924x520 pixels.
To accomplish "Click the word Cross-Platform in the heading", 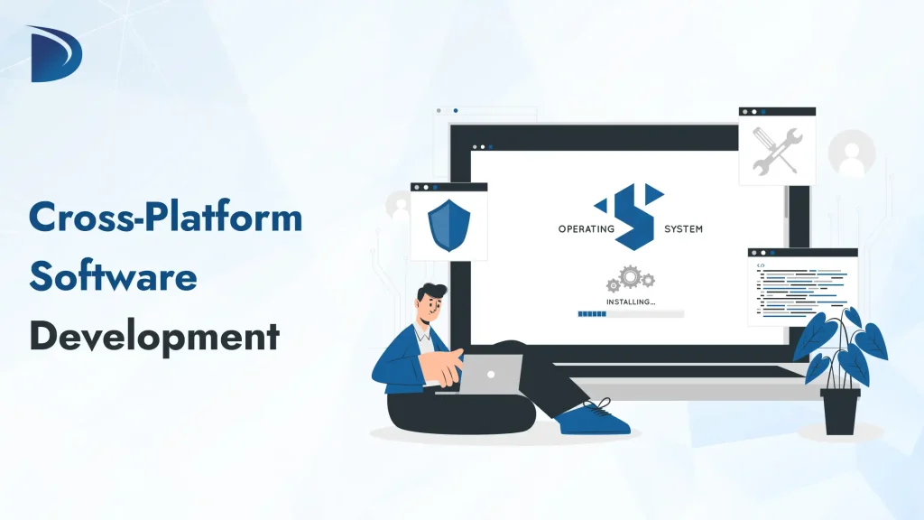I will [x=165, y=219].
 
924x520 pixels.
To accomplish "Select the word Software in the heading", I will [x=113, y=276].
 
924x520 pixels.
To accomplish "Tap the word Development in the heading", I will [x=154, y=336].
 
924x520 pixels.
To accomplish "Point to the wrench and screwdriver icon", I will [x=777, y=150].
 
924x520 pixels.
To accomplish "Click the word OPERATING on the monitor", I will [x=586, y=228].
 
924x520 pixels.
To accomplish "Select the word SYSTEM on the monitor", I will [x=683, y=228].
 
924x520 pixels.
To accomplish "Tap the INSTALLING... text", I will [x=631, y=301].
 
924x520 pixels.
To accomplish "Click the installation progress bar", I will [x=631, y=313].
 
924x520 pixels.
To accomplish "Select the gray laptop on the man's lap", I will [x=488, y=374].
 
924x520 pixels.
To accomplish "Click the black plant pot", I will [x=840, y=410].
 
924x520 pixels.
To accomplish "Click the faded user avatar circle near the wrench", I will [x=851, y=153].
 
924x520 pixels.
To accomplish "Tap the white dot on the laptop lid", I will [x=490, y=373].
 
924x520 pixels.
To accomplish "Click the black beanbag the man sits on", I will [x=451, y=412].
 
